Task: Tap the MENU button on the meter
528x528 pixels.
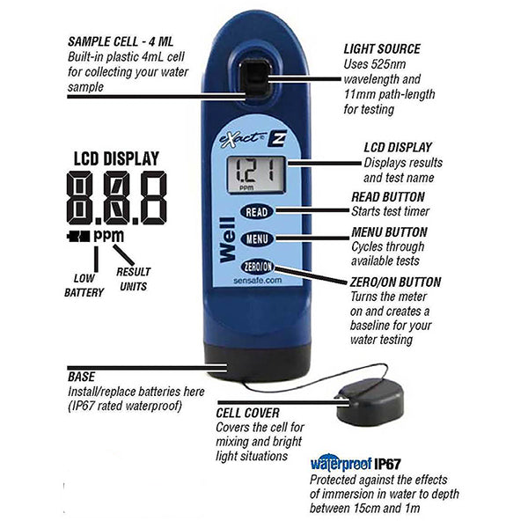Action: point(257,238)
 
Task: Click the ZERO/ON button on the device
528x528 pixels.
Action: point(258,267)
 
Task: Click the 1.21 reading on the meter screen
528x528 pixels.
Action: point(255,171)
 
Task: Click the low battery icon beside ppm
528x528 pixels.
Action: point(78,237)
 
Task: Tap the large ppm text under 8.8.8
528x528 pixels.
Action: point(109,237)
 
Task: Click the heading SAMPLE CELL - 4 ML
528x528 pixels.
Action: point(121,41)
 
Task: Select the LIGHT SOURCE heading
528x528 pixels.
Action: point(382,49)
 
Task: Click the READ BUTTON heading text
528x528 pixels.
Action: point(388,197)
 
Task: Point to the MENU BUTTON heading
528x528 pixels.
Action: point(389,232)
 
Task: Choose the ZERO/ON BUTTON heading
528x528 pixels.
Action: point(395,282)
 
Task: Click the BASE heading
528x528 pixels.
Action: point(82,377)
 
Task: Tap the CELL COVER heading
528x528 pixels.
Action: point(248,414)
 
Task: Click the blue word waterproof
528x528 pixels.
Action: point(341,465)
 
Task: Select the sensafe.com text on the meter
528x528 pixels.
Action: point(258,281)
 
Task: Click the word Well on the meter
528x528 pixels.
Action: point(228,239)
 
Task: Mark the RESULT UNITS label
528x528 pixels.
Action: point(134,279)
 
